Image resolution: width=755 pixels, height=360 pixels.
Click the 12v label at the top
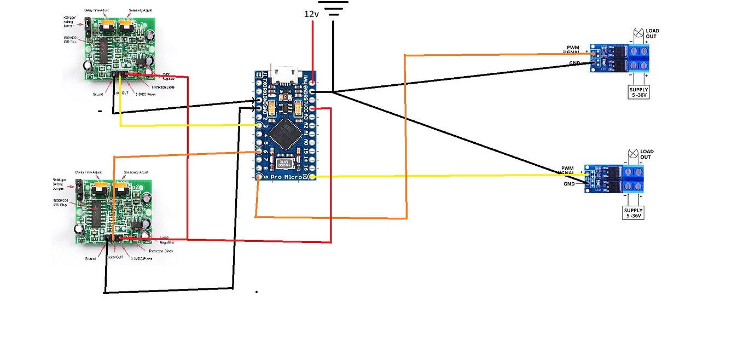point(311,14)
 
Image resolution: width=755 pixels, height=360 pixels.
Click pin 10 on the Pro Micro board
point(312,176)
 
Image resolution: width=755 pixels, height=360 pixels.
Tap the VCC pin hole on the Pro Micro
point(312,109)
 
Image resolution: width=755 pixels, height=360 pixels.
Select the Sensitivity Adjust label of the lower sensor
point(136,172)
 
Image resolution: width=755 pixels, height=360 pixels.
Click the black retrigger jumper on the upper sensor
point(86,24)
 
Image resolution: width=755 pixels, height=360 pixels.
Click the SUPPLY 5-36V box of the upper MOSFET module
point(639,92)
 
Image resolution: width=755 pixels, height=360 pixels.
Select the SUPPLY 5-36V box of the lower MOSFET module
point(634,213)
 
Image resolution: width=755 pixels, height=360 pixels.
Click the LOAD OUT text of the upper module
point(652,33)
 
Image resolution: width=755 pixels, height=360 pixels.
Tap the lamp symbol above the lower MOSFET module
point(632,153)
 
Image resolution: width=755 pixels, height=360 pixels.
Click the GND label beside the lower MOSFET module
point(569,184)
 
